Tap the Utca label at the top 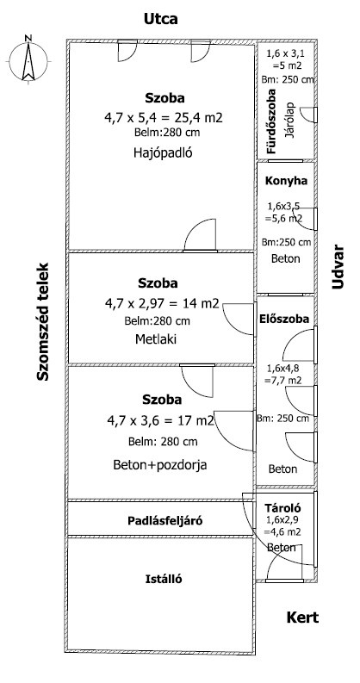(x=161, y=19)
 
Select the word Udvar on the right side (x=338, y=267)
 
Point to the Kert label (x=302, y=618)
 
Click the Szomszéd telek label (x=42, y=321)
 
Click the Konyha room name (x=286, y=181)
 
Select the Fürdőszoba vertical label (x=272, y=121)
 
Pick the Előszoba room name (x=284, y=319)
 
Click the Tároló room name (x=282, y=508)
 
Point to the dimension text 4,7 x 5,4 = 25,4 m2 (x=164, y=117)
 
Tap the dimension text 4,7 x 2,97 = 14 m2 (x=162, y=304)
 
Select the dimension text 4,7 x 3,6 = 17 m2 (x=161, y=421)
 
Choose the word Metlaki (x=156, y=338)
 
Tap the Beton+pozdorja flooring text (x=159, y=465)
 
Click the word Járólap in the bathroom (x=289, y=121)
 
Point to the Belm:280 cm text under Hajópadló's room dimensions (x=168, y=132)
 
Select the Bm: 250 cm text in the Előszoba (x=283, y=419)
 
